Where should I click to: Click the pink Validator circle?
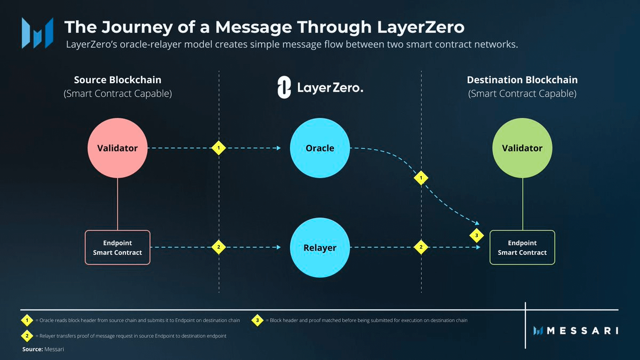117,148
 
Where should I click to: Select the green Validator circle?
522,148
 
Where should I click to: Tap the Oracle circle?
319,148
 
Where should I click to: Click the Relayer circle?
319,247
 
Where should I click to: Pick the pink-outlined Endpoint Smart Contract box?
117,247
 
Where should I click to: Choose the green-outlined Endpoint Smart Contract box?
522,247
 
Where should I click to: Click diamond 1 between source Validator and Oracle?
218,148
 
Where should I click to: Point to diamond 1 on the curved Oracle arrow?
421,177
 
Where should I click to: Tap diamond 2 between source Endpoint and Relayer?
218,247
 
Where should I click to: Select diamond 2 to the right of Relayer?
421,247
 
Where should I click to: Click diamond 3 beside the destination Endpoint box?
476,235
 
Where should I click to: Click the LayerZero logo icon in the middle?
284,87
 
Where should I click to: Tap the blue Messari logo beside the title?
37,33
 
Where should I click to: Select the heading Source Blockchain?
117,80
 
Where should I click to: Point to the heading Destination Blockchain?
522,80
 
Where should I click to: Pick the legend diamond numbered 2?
27,336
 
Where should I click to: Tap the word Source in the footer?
32,349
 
